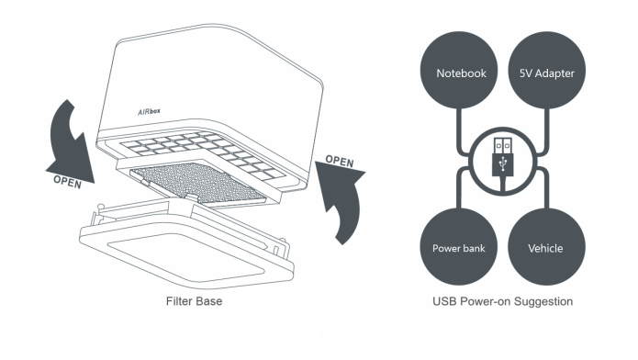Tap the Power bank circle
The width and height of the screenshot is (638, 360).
coord(459,247)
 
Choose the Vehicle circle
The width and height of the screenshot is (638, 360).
coord(547,247)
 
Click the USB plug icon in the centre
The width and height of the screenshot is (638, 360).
coord(503,162)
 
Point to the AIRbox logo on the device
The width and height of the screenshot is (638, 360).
coord(149,112)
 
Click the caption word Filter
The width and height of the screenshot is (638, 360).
coord(179,301)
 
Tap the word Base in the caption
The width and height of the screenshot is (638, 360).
coord(208,301)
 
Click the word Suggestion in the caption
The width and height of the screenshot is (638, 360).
coord(543,302)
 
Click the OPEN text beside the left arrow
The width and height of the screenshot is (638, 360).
coord(68,182)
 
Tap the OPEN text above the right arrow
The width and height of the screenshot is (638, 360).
coord(340,161)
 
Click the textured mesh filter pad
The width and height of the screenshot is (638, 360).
coord(198,182)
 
